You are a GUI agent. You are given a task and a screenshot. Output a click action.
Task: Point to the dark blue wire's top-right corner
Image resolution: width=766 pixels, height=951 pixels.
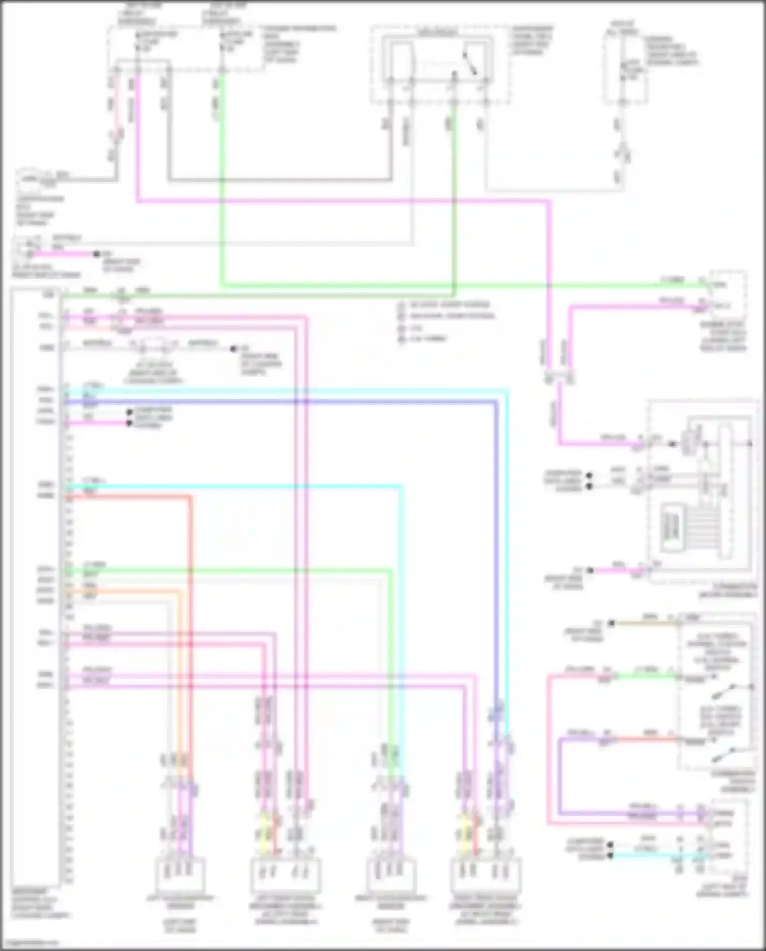click(x=495, y=403)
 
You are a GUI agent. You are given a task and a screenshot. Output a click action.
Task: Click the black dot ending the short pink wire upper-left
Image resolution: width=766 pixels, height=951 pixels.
click(x=96, y=254)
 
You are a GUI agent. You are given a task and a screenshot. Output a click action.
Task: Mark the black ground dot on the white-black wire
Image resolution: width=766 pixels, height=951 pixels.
click(x=233, y=349)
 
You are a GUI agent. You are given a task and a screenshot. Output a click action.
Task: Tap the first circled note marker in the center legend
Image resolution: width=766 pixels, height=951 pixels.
click(x=402, y=305)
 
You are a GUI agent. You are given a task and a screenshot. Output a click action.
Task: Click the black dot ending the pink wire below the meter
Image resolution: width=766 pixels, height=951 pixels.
click(x=590, y=570)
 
